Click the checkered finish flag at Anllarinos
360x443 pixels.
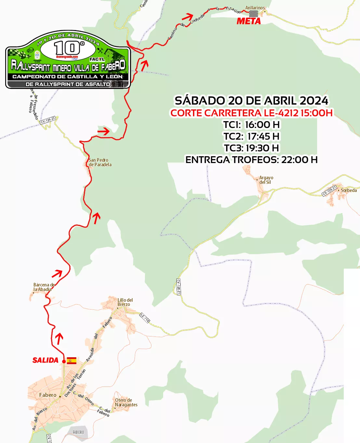[253, 14]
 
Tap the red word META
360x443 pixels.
[249, 21]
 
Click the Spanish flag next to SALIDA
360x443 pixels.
[71, 361]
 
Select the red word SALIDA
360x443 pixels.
[45, 360]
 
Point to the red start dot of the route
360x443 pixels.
[64, 361]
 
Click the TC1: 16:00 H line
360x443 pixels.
[251, 125]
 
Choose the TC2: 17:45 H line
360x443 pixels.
[251, 136]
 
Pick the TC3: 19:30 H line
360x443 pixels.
[251, 148]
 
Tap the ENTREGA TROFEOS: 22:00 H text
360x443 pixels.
[251, 160]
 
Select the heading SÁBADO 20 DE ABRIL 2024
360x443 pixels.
[251, 101]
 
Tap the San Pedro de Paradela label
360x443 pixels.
[100, 162]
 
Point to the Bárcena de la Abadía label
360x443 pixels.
[44, 287]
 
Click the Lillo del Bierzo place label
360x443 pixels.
[125, 302]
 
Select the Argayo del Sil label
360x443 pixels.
[266, 180]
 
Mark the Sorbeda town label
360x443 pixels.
[349, 190]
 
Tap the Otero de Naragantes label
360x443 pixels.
[126, 402]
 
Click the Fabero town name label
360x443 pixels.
[48, 395]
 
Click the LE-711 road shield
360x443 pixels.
[145, 318]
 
